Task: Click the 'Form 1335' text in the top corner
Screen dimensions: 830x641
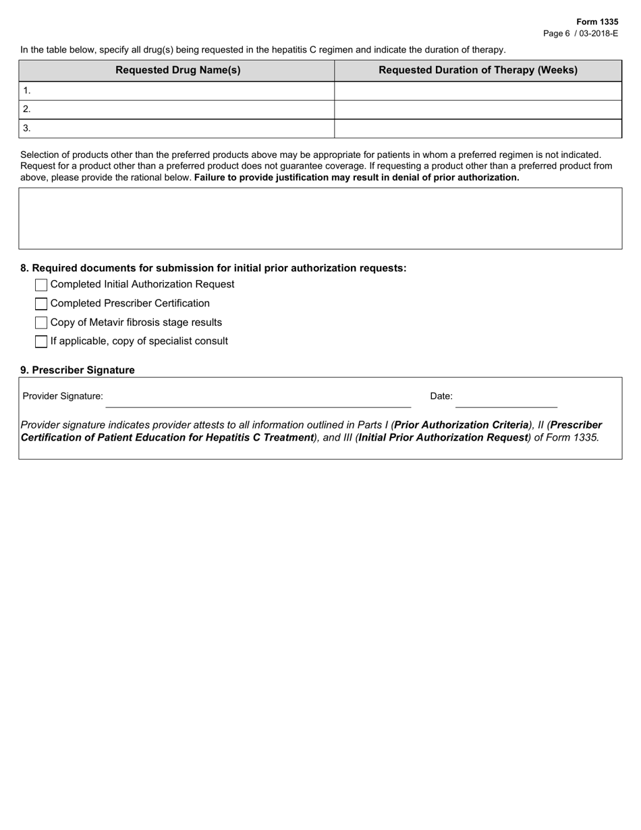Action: [x=596, y=22]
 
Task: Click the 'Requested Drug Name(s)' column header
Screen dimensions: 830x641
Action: [x=177, y=70]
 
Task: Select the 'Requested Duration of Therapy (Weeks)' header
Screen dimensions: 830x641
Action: [x=478, y=70]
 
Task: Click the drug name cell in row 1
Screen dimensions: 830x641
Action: [x=177, y=90]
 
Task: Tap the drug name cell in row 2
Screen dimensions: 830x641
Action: [x=177, y=109]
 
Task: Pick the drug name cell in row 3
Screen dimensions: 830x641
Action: [x=177, y=128]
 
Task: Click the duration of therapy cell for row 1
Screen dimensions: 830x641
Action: [x=478, y=90]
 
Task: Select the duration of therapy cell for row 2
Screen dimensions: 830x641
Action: [x=478, y=109]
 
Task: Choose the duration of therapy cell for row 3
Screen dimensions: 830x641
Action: [x=478, y=128]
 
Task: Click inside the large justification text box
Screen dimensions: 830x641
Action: [x=320, y=219]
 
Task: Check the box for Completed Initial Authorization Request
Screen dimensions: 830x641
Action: [x=41, y=285]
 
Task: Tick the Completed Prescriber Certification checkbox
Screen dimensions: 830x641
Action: [x=41, y=304]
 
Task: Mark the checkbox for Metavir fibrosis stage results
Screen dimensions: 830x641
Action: [x=41, y=323]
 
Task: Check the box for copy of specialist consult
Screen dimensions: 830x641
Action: [x=41, y=341]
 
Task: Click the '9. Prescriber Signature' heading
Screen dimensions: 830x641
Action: [x=78, y=370]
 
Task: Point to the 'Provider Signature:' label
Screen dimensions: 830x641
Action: [x=63, y=396]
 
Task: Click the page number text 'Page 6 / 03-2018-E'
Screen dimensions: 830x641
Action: [x=580, y=33]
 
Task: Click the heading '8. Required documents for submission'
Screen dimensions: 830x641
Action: [x=213, y=268]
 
